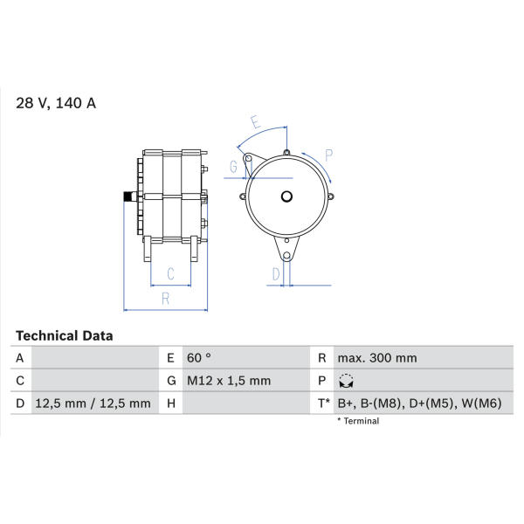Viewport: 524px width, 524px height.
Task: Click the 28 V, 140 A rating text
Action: [56, 103]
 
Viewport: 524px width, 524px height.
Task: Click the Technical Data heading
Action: [64, 336]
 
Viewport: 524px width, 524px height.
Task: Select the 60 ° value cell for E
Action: [199, 358]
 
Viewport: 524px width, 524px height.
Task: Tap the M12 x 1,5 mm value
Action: [229, 381]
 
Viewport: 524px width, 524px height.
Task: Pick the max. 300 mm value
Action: [377, 358]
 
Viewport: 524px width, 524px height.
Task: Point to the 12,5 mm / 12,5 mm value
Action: [93, 403]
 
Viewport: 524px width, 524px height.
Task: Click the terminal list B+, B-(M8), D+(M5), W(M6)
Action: [420, 403]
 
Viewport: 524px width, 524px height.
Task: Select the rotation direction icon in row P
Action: [346, 381]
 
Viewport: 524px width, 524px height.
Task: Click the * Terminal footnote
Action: [358, 421]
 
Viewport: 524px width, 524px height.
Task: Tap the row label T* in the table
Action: [323, 403]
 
